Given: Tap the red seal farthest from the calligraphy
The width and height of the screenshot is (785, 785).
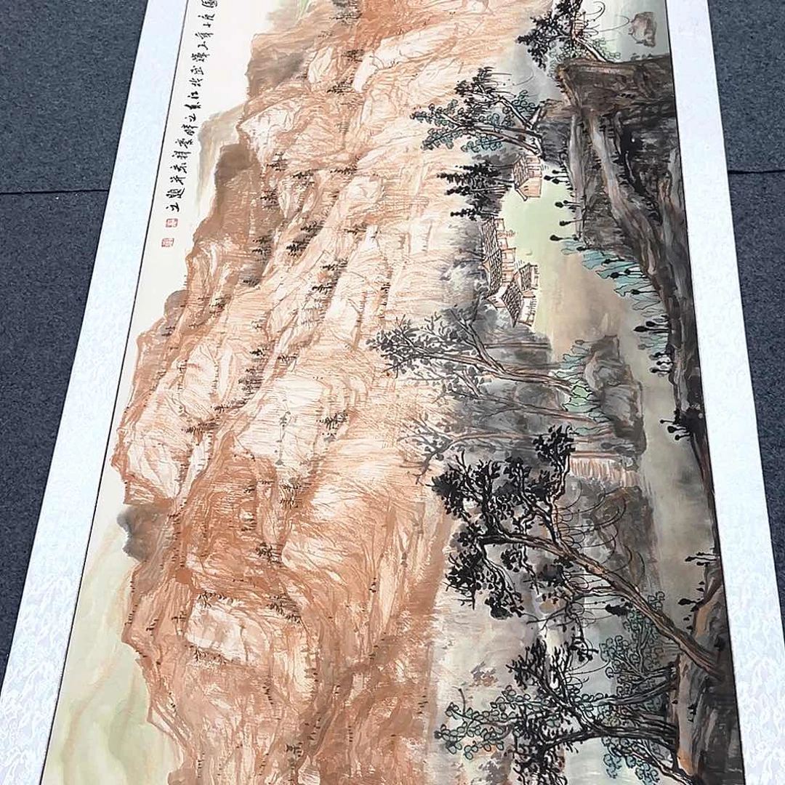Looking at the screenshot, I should coord(164,243).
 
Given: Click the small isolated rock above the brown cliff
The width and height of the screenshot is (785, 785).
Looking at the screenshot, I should coord(643,28).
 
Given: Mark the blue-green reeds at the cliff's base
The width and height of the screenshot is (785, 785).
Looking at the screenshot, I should coord(618,269).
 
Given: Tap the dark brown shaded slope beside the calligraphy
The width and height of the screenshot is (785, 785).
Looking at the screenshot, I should coord(233,160).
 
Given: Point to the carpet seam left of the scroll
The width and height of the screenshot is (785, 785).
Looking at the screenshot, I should coord(58,190).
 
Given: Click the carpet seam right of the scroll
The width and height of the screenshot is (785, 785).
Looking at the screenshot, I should coord(756,172).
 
